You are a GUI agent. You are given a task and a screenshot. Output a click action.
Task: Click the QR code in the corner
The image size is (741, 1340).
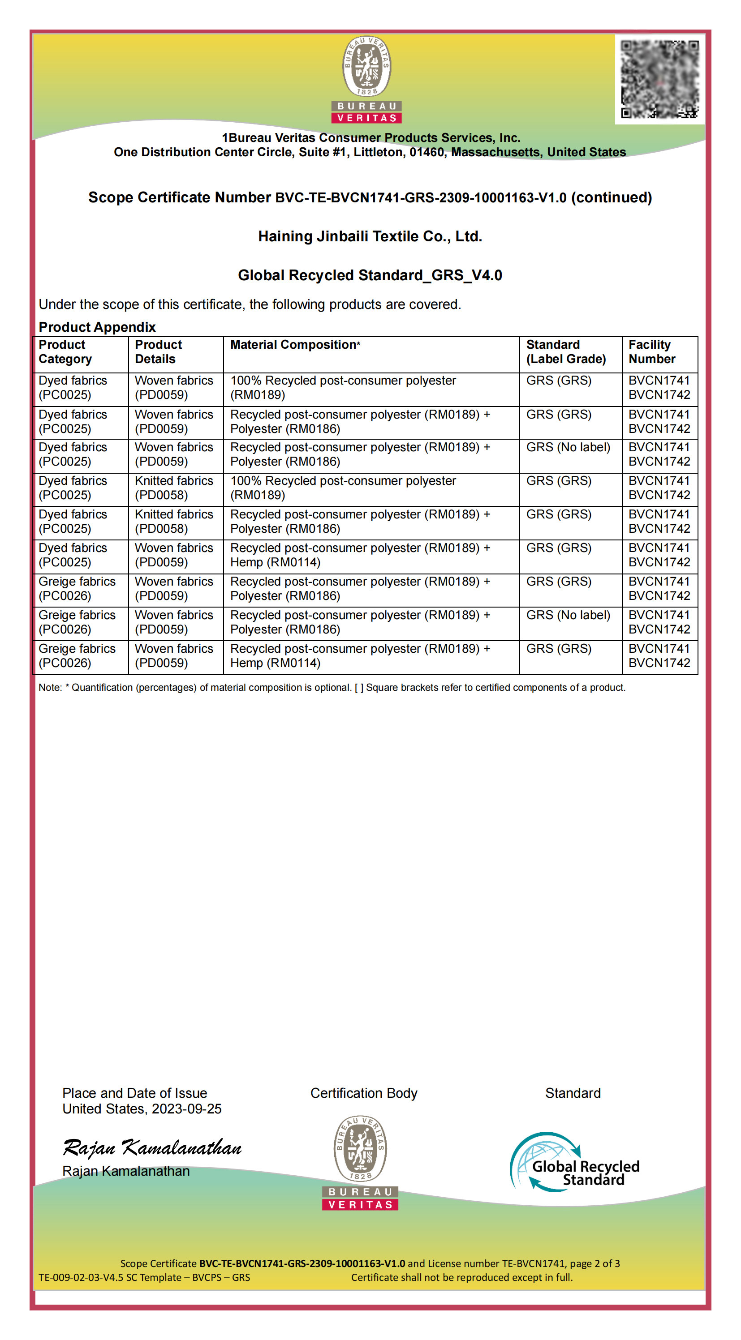pyautogui.click(x=659, y=79)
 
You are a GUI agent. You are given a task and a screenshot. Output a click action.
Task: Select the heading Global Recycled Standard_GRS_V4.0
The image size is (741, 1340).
pyautogui.click(x=370, y=275)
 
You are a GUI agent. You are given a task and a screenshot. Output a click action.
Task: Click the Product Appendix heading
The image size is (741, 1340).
pyautogui.click(x=97, y=327)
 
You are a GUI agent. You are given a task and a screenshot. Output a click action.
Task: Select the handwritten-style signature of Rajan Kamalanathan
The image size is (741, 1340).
pyautogui.click(x=152, y=1148)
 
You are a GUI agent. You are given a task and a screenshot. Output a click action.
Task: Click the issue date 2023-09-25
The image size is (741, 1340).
pyautogui.click(x=186, y=1109)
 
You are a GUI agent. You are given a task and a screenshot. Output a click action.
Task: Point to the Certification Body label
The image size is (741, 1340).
pyautogui.click(x=364, y=1093)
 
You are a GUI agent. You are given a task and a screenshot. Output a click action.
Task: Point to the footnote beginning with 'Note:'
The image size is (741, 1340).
pyautogui.click(x=332, y=688)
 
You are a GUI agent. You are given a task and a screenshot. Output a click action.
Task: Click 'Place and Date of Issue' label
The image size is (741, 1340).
pyautogui.click(x=134, y=1093)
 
